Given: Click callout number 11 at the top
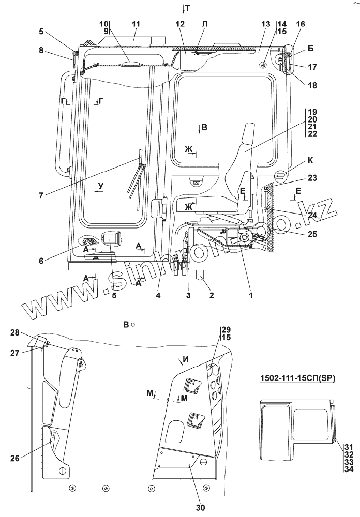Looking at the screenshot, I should pyautogui.click(x=136, y=24).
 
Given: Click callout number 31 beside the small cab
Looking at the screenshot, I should pyautogui.click(x=348, y=447).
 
